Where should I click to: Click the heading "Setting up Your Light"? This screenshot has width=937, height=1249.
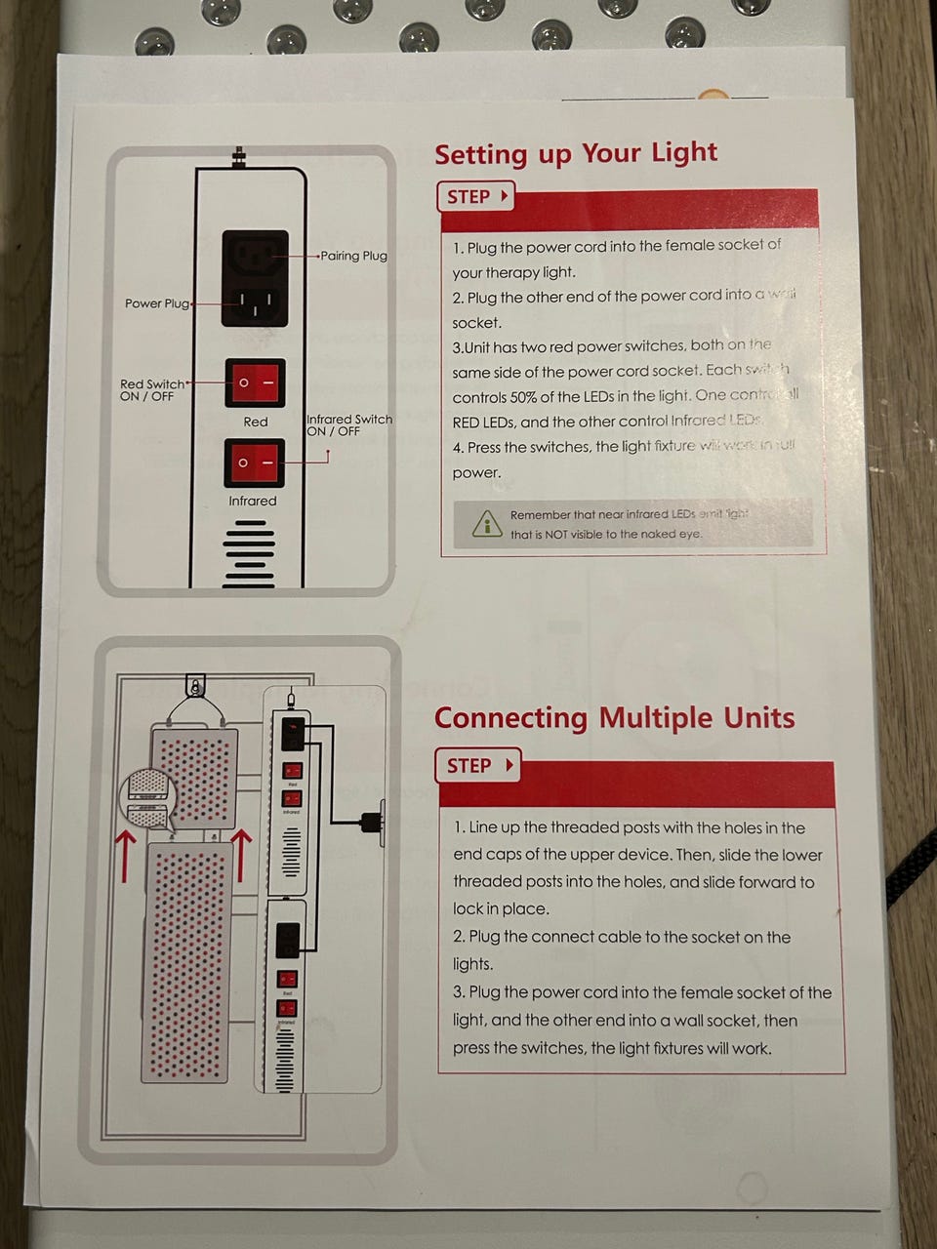pyautogui.click(x=576, y=154)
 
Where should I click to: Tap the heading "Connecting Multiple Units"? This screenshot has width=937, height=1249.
pyautogui.click(x=614, y=718)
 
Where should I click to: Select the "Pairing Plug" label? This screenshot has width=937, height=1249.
pyautogui.click(x=354, y=256)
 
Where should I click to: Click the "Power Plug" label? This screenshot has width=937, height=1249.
pyautogui.click(x=156, y=303)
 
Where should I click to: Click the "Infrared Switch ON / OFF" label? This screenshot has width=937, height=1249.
pyautogui.click(x=349, y=425)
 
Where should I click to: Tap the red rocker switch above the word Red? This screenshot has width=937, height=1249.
pyautogui.click(x=255, y=383)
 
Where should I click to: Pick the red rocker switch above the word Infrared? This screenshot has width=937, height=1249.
pyautogui.click(x=255, y=463)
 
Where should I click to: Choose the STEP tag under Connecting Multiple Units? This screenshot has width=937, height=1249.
pyautogui.click(x=478, y=766)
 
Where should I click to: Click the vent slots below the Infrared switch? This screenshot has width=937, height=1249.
pyautogui.click(x=249, y=553)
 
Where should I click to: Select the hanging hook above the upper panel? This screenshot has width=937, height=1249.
pyautogui.click(x=196, y=687)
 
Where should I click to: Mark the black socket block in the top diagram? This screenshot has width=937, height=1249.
pyautogui.click(x=255, y=278)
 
